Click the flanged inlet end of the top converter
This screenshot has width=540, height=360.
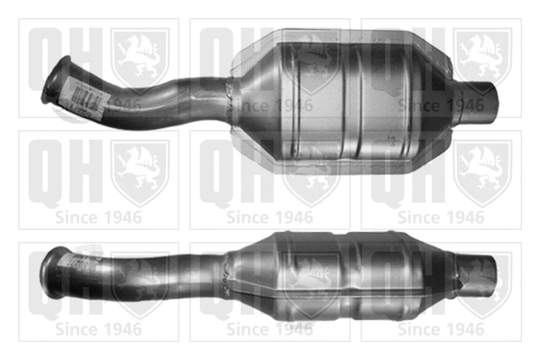[55, 80]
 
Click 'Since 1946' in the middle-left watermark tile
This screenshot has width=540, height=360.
[98, 217]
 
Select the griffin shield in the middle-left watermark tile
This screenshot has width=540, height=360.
[140, 172]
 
